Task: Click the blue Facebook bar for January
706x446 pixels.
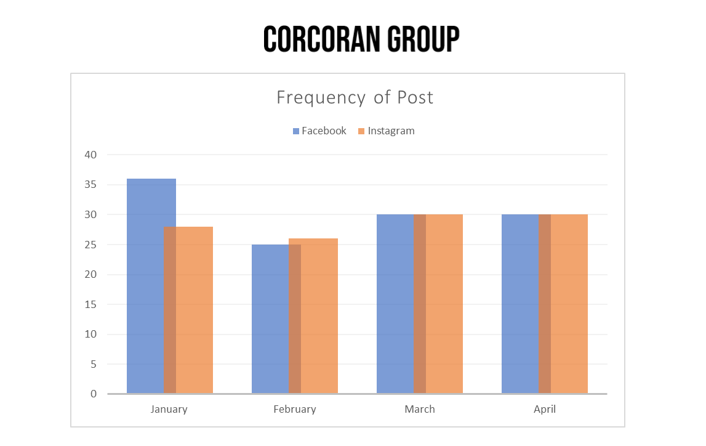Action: (145, 286)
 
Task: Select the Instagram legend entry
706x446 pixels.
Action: (386, 131)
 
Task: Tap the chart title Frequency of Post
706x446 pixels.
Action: (355, 97)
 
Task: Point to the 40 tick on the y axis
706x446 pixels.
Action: (90, 155)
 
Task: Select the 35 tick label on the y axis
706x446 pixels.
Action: (90, 185)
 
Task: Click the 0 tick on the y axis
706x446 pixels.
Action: (94, 394)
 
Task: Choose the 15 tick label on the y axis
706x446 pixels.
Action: (90, 304)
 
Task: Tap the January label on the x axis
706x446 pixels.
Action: (169, 409)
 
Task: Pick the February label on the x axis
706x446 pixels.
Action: (295, 409)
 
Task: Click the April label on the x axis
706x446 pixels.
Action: (545, 409)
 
